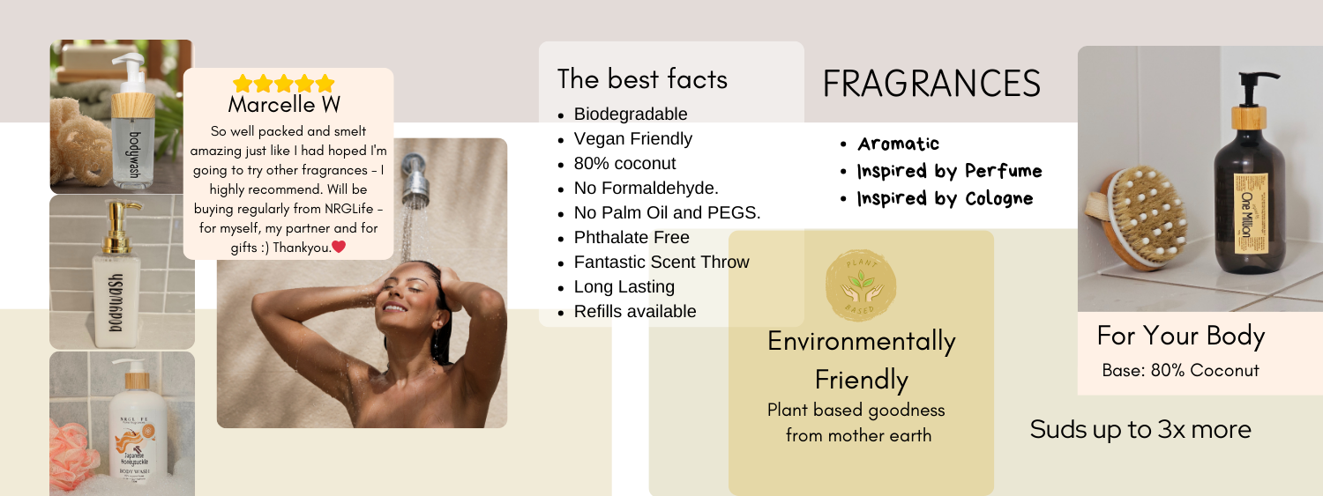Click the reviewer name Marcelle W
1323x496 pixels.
[284, 105]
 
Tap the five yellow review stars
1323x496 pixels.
[284, 84]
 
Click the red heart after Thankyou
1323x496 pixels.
[339, 247]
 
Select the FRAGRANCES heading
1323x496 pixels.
[931, 84]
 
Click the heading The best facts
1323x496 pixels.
[642, 79]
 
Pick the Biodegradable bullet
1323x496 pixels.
[631, 114]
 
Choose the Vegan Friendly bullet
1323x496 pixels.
[633, 138]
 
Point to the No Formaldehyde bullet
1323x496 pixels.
[646, 188]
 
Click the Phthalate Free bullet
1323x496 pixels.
[632, 237]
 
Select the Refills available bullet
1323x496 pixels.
[635, 311]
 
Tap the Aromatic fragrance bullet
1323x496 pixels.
[898, 144]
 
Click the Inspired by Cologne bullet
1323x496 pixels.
[945, 198]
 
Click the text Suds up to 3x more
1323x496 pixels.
[1140, 429]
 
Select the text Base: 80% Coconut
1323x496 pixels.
[1180, 370]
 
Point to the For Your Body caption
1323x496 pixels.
[1180, 336]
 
